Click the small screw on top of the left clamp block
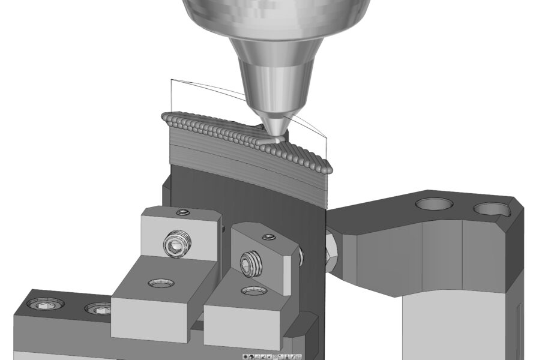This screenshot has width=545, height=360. [182, 212]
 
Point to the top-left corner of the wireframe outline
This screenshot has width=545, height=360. [171, 80]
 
